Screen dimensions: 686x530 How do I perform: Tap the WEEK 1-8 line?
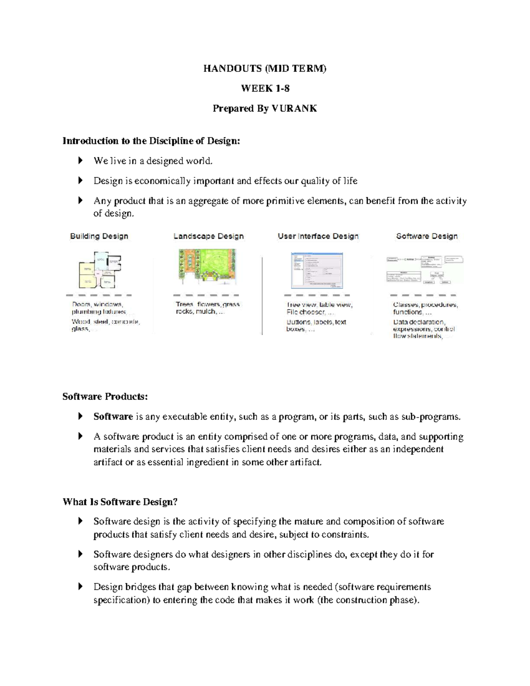tap(265, 88)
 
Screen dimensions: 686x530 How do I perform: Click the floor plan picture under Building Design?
tap(99, 270)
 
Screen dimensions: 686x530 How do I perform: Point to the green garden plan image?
tap(207, 265)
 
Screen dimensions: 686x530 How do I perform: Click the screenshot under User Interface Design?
tap(317, 270)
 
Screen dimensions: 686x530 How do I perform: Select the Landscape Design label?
tap(208, 236)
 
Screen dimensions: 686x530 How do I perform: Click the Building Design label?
tap(99, 236)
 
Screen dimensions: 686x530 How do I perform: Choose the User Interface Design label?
tap(318, 236)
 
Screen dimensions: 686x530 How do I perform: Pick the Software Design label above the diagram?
tap(427, 236)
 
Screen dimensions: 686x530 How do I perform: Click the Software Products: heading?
tap(105, 397)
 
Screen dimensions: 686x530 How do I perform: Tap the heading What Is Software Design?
tap(120, 502)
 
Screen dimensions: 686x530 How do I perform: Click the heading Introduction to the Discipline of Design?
tap(151, 141)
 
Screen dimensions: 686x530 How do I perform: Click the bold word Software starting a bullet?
tap(113, 417)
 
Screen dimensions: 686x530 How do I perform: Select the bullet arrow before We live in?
tap(80, 161)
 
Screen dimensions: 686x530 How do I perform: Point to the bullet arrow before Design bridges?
tap(80, 587)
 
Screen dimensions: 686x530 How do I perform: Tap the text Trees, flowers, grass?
tap(208, 304)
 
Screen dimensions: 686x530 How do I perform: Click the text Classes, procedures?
tap(425, 305)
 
